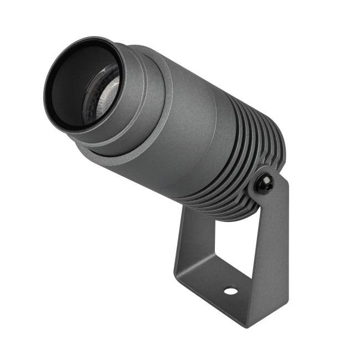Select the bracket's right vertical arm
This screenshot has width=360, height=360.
coord(271,249)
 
